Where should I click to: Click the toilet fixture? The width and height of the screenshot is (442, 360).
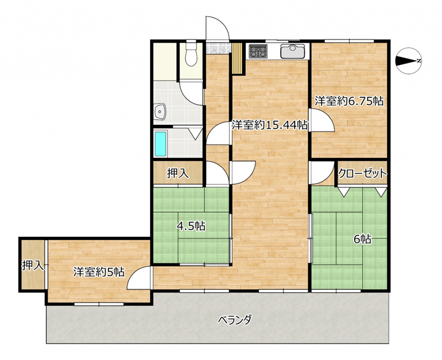click(x=191, y=53)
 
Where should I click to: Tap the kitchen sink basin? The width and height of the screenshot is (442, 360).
click(x=293, y=51)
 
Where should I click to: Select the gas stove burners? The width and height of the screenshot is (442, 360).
click(x=258, y=51)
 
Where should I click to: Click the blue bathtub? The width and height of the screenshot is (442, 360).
click(x=160, y=144)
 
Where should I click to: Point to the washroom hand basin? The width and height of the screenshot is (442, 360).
click(x=160, y=112)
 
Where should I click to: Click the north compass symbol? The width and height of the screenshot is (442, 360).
click(x=409, y=61)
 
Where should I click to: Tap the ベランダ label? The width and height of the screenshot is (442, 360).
click(x=235, y=320)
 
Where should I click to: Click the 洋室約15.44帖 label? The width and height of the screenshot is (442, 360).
click(x=270, y=125)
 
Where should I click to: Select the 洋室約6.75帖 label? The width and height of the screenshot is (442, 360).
click(x=349, y=101)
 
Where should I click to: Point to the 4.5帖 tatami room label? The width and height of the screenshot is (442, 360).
click(x=191, y=226)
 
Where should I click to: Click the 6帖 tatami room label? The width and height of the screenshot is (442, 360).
click(x=362, y=240)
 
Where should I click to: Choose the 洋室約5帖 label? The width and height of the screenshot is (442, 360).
click(x=99, y=272)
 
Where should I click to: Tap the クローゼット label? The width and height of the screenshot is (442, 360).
click(x=362, y=173)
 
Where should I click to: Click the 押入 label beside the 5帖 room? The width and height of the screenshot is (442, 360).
click(x=33, y=265)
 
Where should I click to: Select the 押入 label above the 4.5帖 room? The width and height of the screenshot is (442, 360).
click(x=178, y=173)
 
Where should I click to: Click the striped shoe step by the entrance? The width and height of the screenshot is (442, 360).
click(x=238, y=59)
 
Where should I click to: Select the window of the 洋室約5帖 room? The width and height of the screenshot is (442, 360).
click(x=99, y=304)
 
